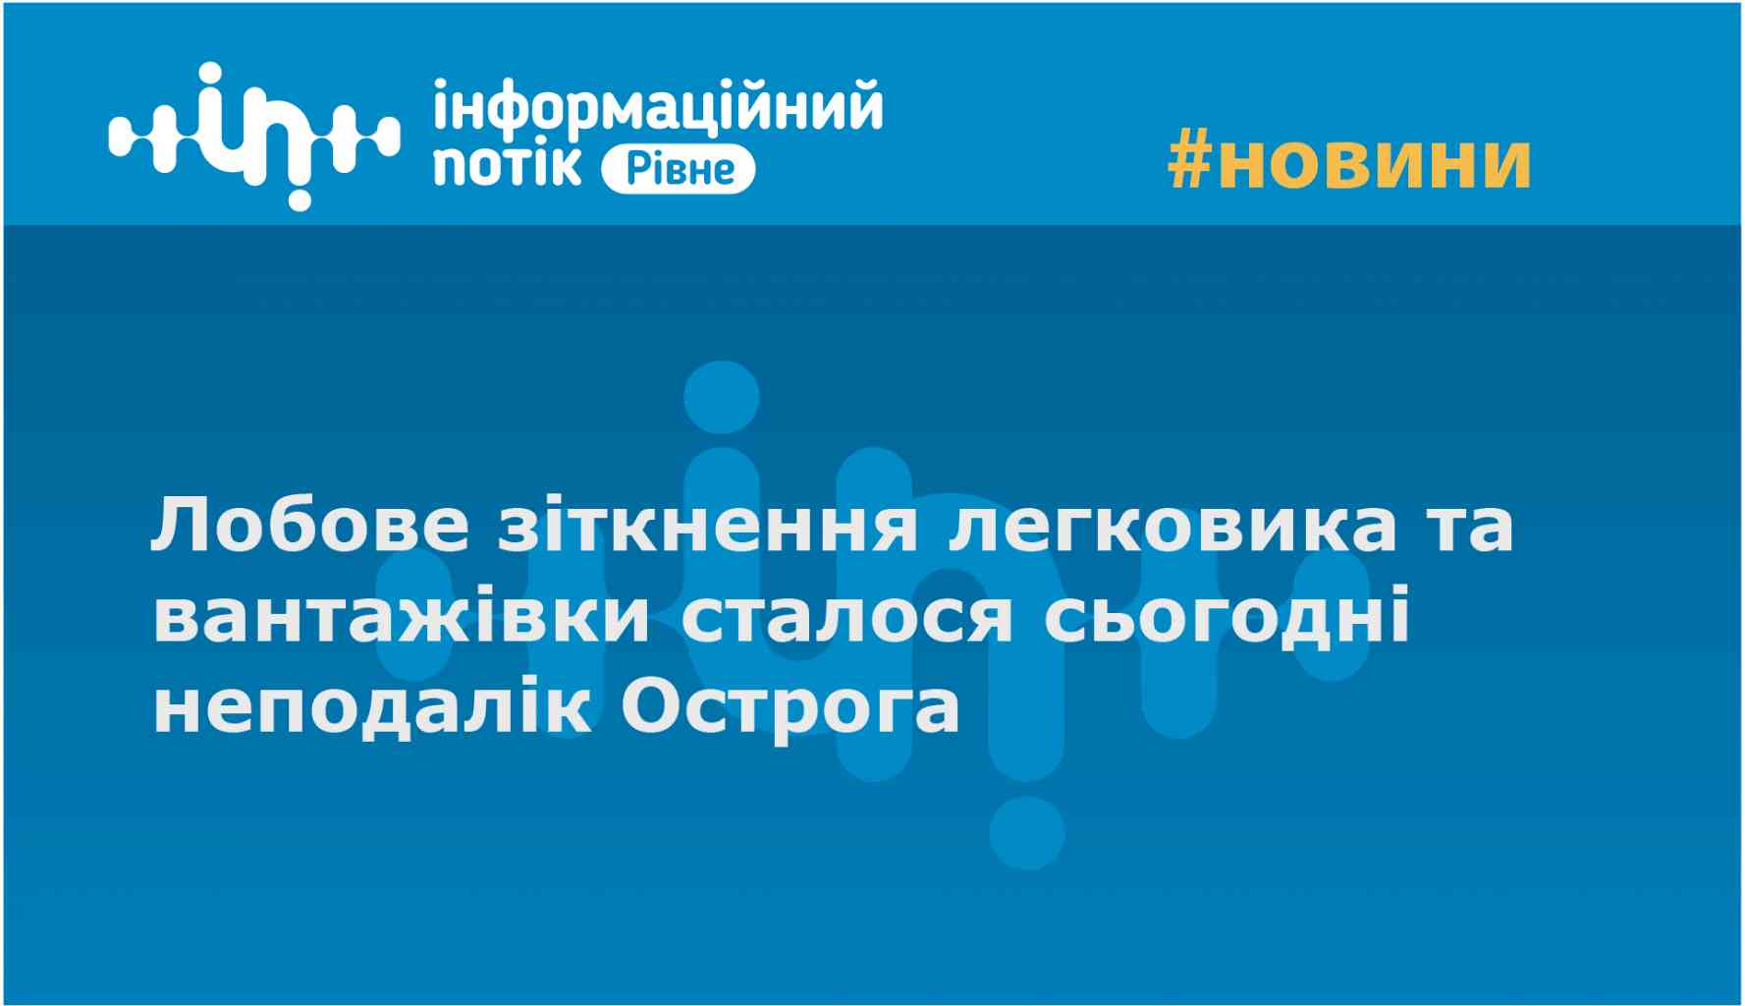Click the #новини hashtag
tap(1348, 161)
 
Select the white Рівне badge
tap(678, 168)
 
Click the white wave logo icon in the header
tap(254, 135)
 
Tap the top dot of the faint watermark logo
tap(722, 397)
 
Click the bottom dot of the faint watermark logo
tap(1027, 833)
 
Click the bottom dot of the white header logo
tap(300, 198)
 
